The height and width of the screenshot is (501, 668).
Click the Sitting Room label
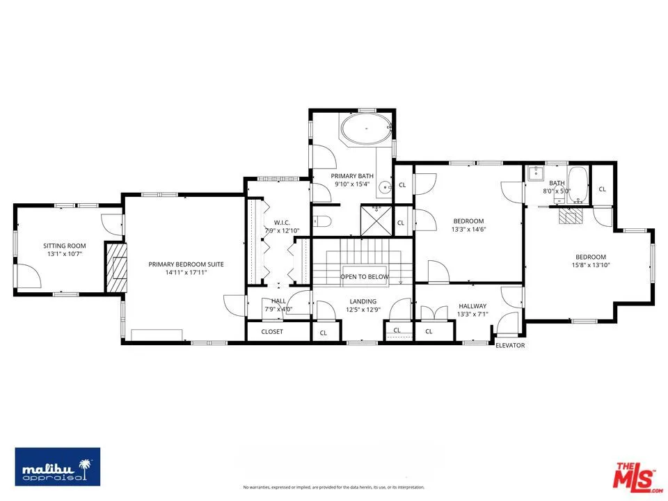tap(64, 246)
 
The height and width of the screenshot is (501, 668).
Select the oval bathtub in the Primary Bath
tap(365, 131)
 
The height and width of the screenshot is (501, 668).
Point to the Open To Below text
tap(364, 277)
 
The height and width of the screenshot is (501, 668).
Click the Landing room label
tap(363, 301)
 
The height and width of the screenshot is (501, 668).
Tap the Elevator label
tap(510, 345)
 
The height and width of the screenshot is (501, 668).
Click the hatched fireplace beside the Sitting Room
tap(116, 267)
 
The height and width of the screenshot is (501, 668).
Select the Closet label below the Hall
tap(272, 332)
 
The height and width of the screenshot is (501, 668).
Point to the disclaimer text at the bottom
tap(333, 487)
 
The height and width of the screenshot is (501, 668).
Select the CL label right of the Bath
tap(602, 189)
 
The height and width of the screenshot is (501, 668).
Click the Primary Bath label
tap(353, 176)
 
